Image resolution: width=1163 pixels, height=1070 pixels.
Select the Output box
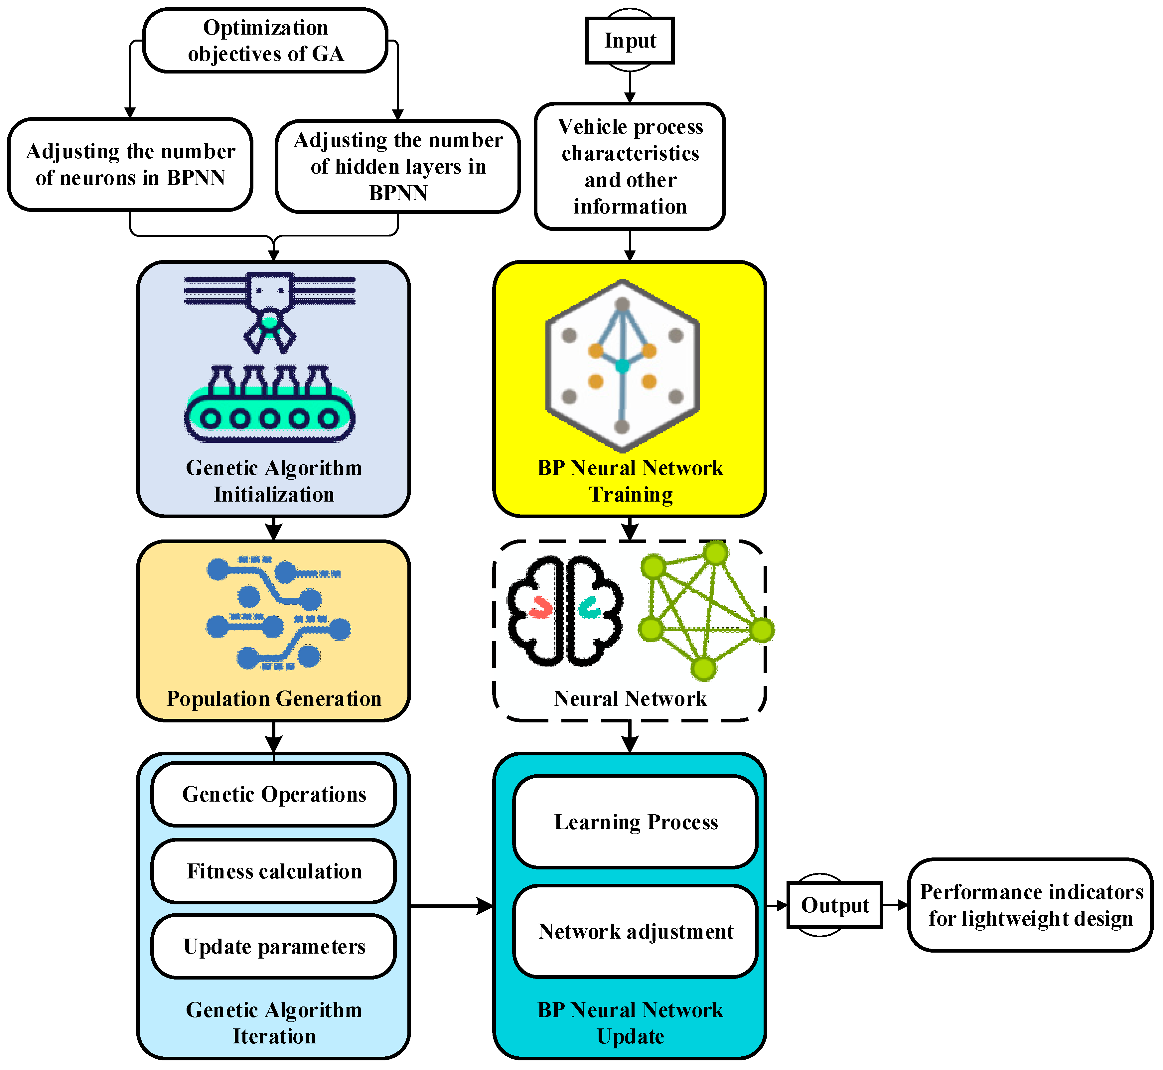tap(835, 905)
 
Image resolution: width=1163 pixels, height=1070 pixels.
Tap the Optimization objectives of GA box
tap(265, 41)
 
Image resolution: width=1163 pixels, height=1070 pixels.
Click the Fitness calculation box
tap(274, 871)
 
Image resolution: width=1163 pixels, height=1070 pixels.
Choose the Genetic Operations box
tap(274, 794)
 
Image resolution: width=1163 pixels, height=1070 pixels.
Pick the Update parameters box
tap(274, 947)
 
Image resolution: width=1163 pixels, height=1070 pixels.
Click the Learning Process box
tap(636, 822)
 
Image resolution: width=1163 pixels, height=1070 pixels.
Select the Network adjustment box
tap(636, 932)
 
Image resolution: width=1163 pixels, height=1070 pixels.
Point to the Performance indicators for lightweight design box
tap(1030, 905)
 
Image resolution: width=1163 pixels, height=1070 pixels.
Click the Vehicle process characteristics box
tap(630, 167)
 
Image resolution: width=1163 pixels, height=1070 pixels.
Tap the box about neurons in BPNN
tap(130, 164)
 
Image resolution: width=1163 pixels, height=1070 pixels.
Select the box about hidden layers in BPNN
tap(398, 167)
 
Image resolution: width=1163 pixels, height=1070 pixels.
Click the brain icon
tap(564, 611)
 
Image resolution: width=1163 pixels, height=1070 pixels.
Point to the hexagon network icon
tap(622, 366)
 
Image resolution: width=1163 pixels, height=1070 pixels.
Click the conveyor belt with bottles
tap(270, 405)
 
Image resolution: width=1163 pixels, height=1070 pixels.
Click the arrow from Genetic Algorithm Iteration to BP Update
tap(452, 906)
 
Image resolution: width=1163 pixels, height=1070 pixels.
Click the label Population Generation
tap(274, 699)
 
